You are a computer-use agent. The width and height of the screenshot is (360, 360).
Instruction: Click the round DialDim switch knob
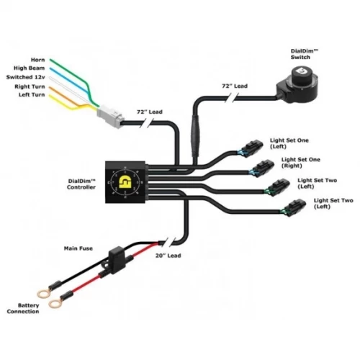(296, 73)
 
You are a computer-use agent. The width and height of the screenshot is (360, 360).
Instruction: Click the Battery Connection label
(24, 308)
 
